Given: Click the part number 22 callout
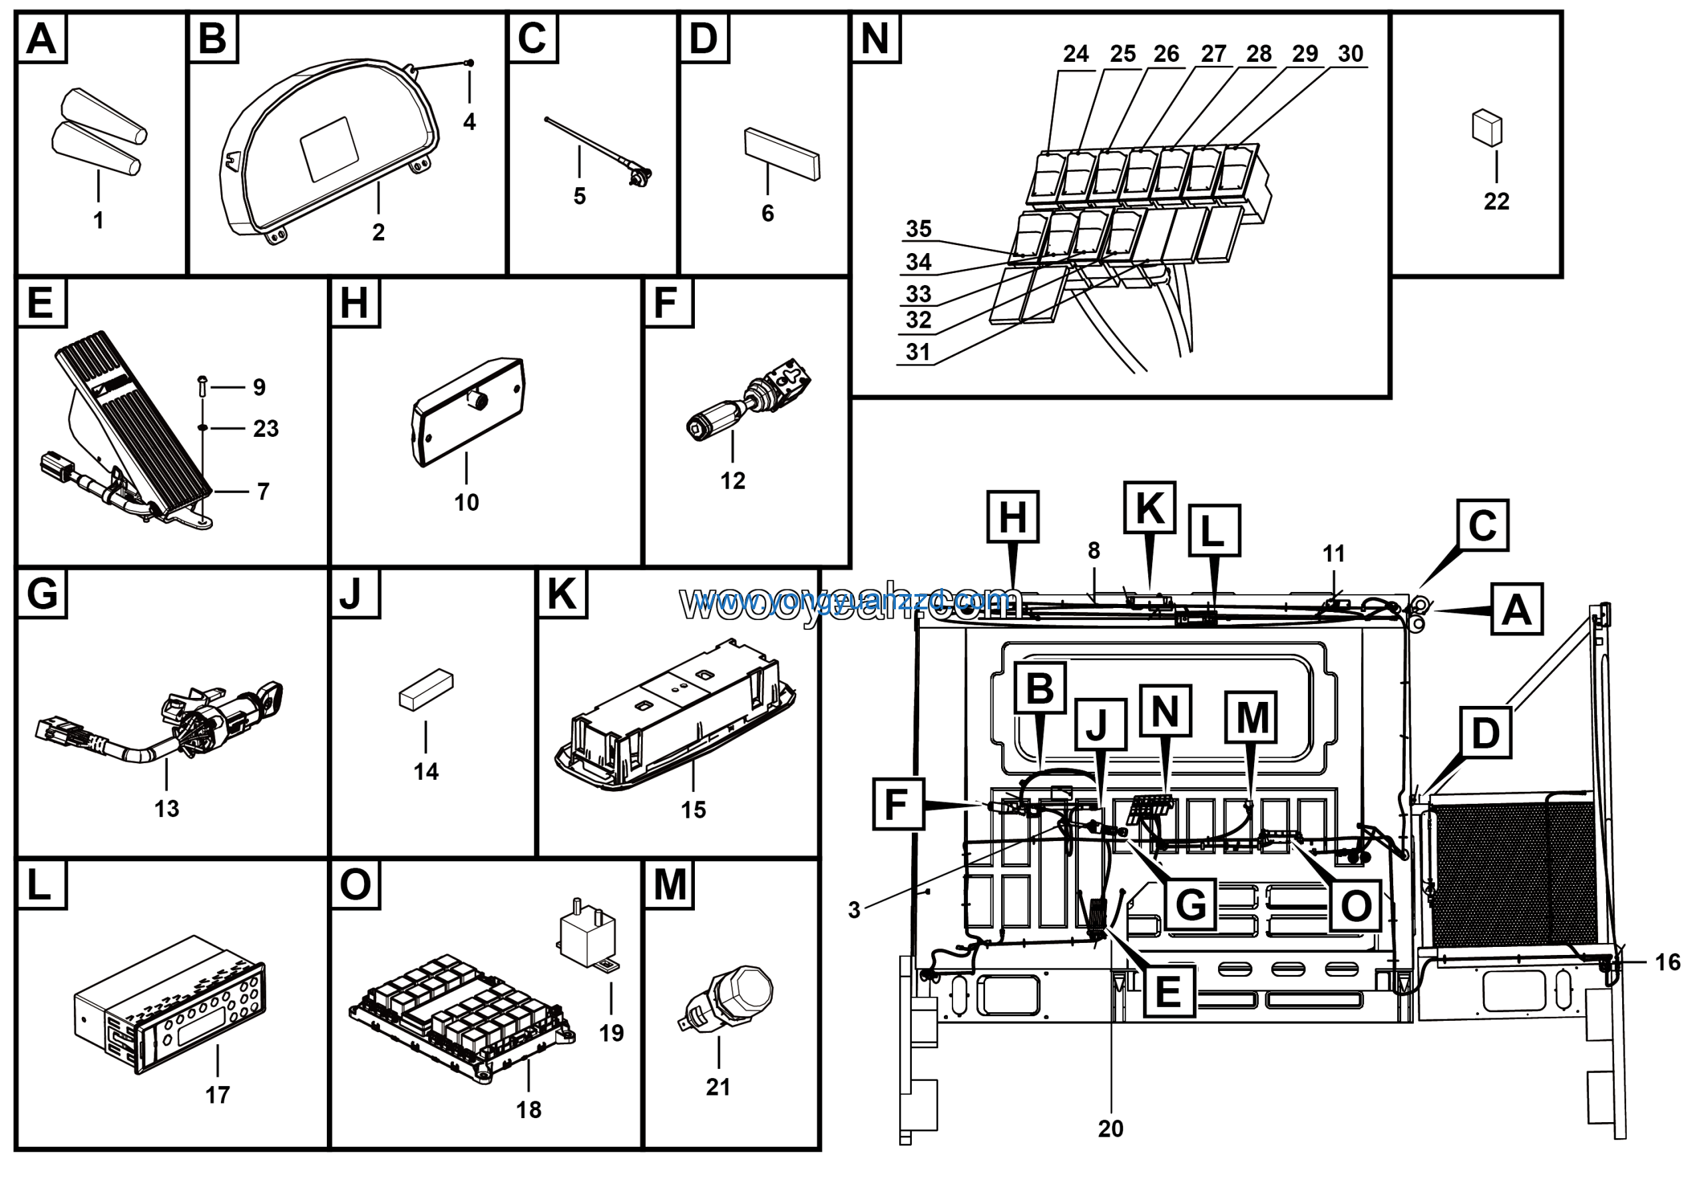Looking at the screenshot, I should [1496, 201].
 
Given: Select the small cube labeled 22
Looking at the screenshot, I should [1486, 128].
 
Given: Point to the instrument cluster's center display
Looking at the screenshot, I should [329, 149].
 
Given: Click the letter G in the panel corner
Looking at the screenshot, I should [41, 594].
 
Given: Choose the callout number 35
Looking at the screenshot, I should [918, 228].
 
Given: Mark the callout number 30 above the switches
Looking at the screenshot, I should [1350, 53].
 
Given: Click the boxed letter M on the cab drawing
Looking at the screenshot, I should [1252, 717].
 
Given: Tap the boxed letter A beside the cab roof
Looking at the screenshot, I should [1516, 609].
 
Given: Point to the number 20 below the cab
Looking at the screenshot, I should [1110, 1128].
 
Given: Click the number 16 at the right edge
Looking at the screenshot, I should [1667, 962].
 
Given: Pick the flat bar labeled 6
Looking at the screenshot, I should [783, 154].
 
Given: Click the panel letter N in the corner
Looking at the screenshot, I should [875, 38].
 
